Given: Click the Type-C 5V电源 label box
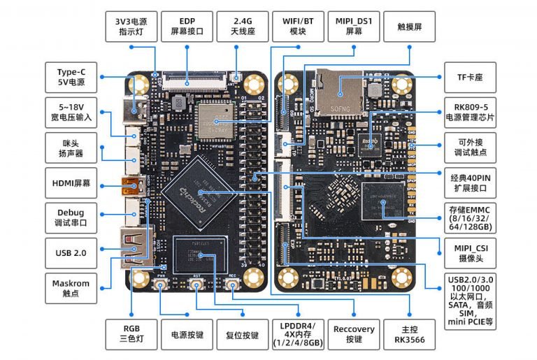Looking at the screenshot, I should (71, 76).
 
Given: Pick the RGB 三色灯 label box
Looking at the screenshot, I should (131, 335).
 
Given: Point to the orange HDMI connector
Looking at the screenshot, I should (132, 187).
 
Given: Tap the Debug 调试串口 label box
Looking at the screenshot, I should (71, 217).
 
